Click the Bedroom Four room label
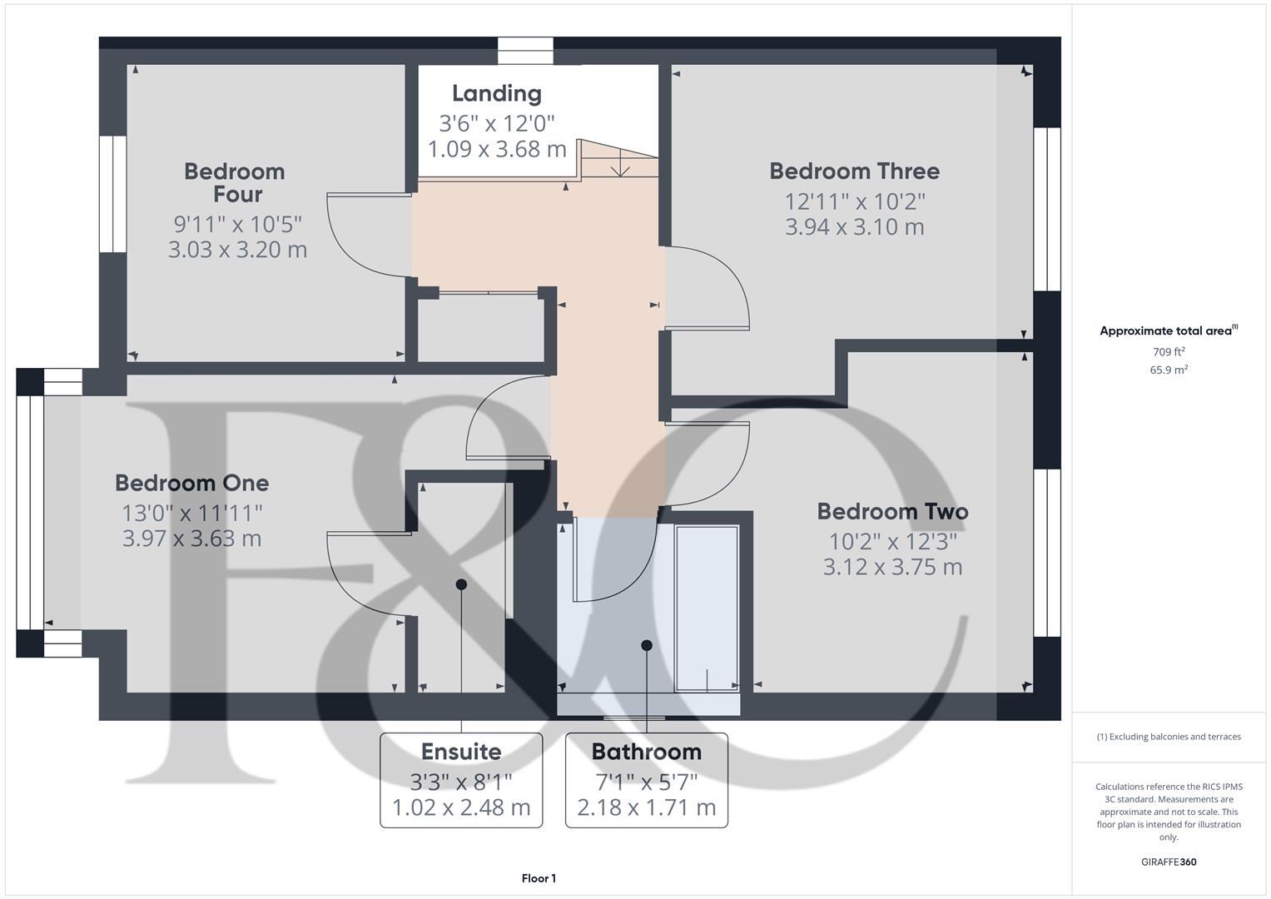[x=235, y=182]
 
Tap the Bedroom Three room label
[x=854, y=171]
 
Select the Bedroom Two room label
[x=892, y=511]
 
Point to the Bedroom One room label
[x=191, y=483]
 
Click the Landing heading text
[x=497, y=93]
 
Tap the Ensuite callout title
[x=461, y=752]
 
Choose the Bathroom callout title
[x=646, y=752]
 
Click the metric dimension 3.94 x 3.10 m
[x=854, y=226]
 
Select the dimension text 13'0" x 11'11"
[x=192, y=512]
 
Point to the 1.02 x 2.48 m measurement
[x=461, y=807]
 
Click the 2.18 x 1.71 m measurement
[x=646, y=807]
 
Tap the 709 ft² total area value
[x=1169, y=352]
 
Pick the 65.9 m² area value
[x=1169, y=370]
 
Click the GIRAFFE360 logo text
[x=1169, y=862]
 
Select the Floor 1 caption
[x=539, y=878]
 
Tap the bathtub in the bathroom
[x=707, y=608]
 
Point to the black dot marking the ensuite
[x=461, y=584]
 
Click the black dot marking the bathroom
[x=647, y=645]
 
